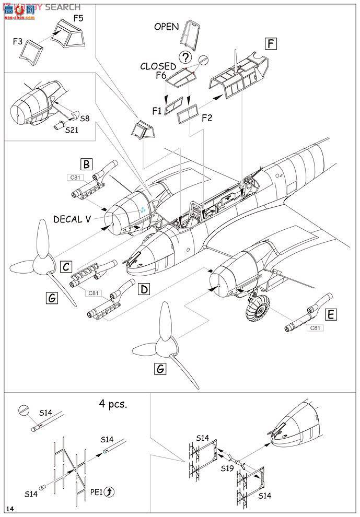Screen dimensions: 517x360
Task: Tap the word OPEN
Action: click(x=166, y=27)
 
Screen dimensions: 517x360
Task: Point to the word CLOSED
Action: click(x=158, y=66)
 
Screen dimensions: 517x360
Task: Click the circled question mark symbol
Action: click(x=184, y=57)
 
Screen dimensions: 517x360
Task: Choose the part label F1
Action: click(x=156, y=110)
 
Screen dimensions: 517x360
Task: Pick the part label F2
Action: click(x=208, y=118)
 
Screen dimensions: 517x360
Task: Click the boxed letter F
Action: click(x=270, y=43)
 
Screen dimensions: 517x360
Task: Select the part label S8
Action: click(x=84, y=119)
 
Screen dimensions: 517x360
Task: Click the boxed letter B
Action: click(x=87, y=164)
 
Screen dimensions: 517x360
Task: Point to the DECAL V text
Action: click(x=75, y=219)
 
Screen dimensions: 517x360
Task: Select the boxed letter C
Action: click(x=65, y=266)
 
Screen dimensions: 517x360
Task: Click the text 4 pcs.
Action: click(x=113, y=404)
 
